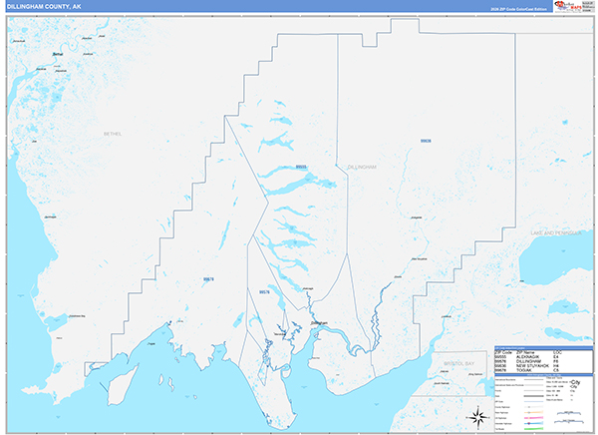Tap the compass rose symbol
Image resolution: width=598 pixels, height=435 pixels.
point(476,416)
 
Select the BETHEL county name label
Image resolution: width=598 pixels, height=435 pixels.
point(112,133)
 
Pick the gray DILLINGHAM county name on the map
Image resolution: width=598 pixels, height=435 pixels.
point(361,167)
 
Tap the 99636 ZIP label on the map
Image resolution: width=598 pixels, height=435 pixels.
point(427,142)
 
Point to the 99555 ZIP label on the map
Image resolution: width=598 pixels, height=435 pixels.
point(301,167)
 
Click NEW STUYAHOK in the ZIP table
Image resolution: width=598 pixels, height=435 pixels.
point(533,364)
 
